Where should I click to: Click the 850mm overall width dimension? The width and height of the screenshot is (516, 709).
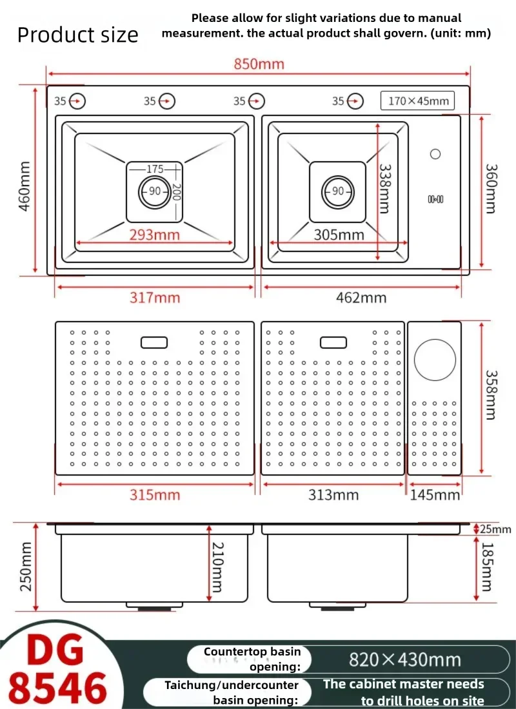pos(259,64)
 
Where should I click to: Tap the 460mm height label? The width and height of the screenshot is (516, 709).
pos(25,186)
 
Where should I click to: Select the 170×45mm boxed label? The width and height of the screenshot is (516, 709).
pos(418,101)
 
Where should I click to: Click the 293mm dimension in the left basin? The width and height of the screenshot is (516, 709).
pos(154,235)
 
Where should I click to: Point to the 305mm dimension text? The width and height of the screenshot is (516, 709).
pos(339,235)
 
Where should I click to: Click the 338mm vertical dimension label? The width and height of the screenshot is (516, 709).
pos(384,188)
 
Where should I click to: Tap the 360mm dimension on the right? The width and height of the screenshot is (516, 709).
pos(491,188)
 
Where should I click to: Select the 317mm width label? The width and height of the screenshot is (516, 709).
pos(155,298)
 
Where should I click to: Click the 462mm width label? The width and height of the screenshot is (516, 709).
pos(361,298)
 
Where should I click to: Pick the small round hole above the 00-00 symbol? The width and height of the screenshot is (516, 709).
pos(435,154)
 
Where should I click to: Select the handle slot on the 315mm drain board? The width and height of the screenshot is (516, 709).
pos(154,342)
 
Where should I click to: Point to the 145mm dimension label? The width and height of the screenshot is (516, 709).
pos(435,495)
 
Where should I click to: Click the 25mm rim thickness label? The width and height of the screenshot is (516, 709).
pos(495,529)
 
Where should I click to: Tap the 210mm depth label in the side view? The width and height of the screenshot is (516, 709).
pos(217,567)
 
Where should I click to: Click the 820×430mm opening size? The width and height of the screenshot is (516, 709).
pos(404,660)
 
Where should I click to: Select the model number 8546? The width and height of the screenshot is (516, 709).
pos(57,688)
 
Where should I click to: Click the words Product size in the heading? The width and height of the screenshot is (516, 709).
pos(77,35)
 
